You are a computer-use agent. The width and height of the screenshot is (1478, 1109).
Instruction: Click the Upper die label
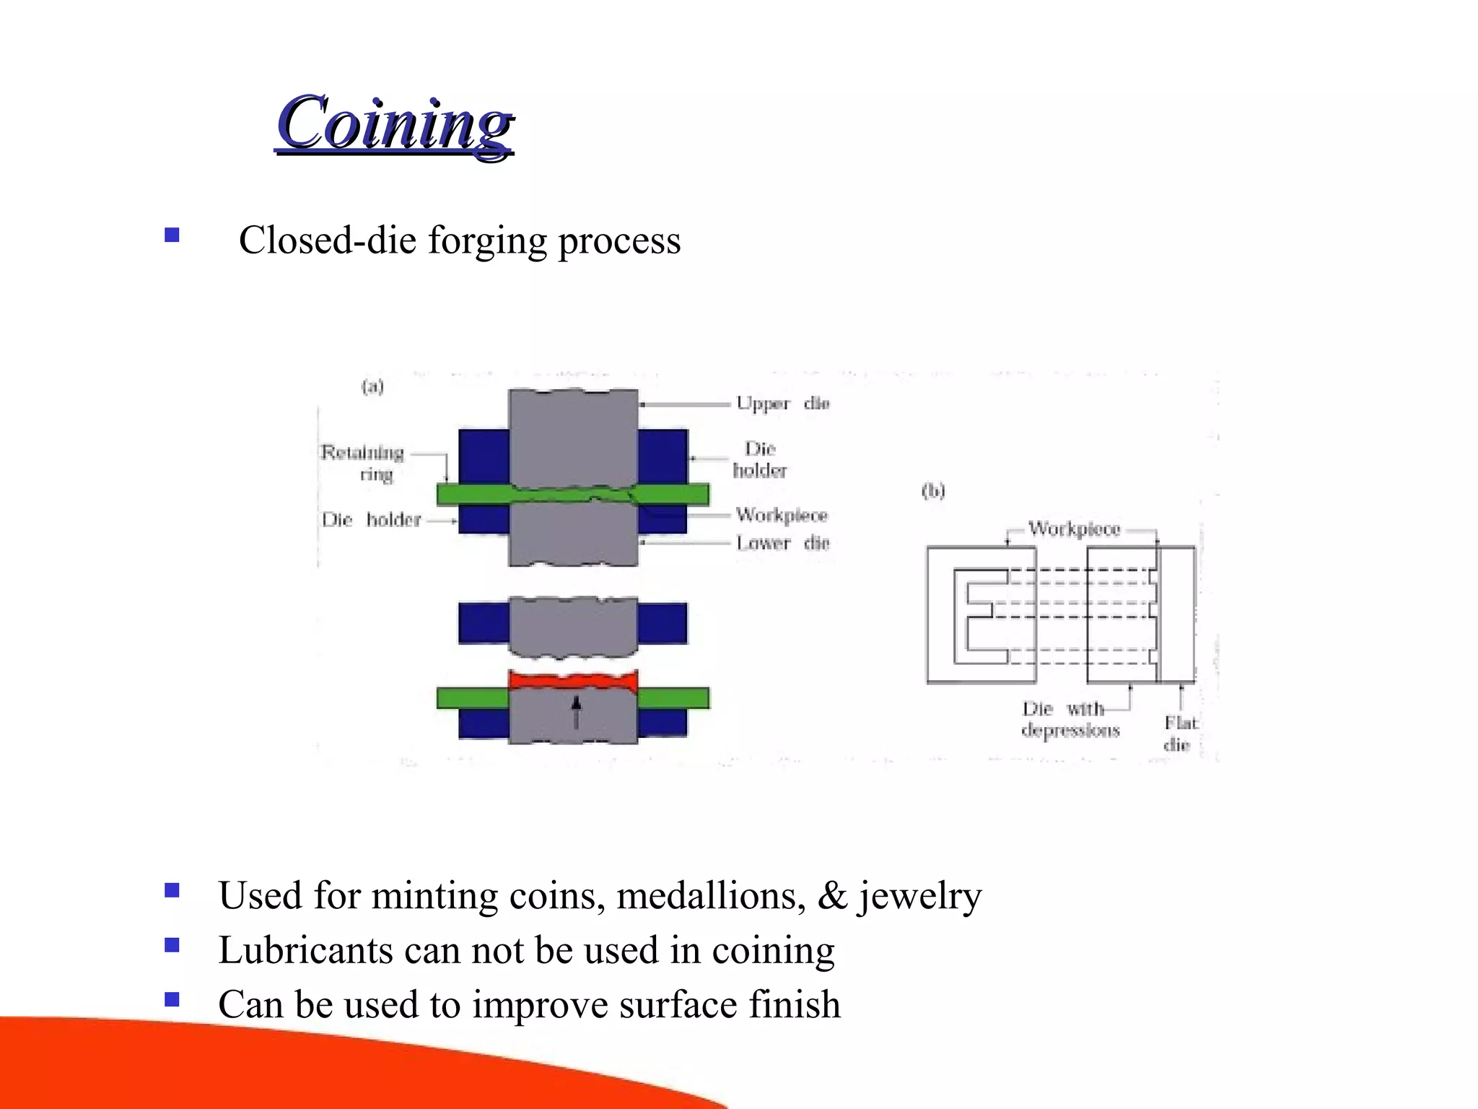point(782,404)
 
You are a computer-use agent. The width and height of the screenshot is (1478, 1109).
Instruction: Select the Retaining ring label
point(362,463)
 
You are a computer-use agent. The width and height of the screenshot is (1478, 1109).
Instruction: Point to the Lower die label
point(782,543)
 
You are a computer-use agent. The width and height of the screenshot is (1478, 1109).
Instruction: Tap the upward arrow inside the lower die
point(576,712)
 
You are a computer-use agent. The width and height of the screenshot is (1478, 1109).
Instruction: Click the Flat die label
point(1179,734)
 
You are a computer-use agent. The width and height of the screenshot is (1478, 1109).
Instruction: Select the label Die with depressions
point(1070,720)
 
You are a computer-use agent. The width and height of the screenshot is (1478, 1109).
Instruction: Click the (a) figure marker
point(372,387)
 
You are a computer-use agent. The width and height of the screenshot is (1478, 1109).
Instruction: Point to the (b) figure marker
point(933,492)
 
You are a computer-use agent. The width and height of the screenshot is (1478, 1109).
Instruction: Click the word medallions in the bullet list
point(710,896)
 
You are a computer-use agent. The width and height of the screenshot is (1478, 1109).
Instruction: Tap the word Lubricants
point(305,950)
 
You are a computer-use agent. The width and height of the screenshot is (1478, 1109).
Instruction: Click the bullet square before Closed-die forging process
point(172,235)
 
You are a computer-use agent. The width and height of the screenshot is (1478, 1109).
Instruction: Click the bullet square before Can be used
point(172,1000)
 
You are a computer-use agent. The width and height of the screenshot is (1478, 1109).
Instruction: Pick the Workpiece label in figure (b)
point(1074,529)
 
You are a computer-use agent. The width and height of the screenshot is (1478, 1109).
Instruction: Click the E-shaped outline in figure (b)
point(980,616)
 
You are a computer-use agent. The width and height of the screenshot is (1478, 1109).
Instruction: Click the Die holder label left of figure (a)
point(371,520)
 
